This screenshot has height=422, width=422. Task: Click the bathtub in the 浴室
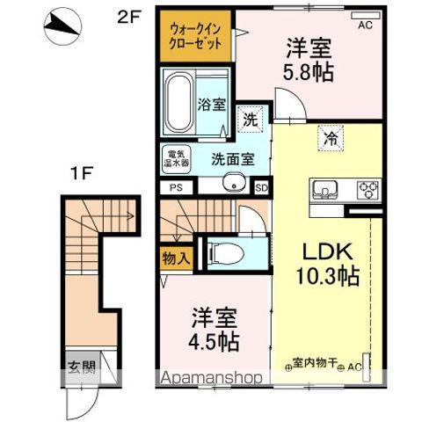180,102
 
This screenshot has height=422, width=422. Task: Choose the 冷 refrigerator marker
332,137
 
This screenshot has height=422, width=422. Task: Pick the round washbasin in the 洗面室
234,183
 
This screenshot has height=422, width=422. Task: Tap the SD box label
260,186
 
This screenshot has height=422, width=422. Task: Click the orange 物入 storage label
177,258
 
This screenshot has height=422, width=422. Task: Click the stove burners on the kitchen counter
367,188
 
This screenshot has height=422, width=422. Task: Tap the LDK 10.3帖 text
325,262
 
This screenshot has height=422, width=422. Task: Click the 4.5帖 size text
212,336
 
